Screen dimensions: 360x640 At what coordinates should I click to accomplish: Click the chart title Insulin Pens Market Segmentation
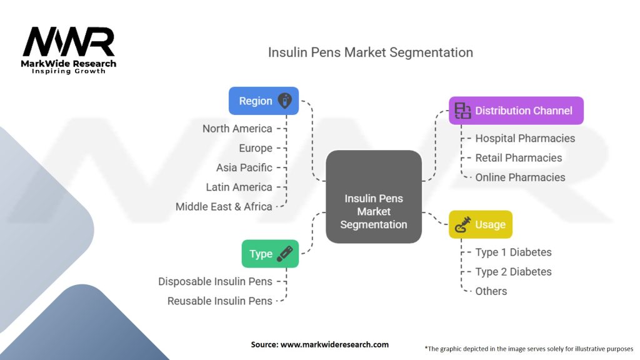(x=370, y=52)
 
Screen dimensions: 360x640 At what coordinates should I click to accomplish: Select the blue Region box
(x=263, y=101)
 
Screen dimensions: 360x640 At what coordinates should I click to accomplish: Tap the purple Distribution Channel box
(x=516, y=111)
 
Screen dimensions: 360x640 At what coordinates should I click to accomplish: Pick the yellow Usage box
(x=481, y=224)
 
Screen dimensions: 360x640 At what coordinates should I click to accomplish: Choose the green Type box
(x=270, y=254)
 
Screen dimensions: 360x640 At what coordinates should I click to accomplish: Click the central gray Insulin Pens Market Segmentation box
(x=374, y=211)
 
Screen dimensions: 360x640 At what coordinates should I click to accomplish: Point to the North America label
(x=237, y=129)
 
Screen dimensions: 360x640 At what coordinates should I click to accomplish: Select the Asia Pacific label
(x=244, y=167)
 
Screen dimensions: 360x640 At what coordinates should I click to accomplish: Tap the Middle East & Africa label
(x=224, y=206)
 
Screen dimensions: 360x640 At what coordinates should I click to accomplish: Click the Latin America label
(x=239, y=187)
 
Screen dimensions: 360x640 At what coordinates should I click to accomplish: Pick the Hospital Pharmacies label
(x=525, y=138)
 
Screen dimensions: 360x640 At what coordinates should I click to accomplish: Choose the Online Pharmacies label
(x=520, y=177)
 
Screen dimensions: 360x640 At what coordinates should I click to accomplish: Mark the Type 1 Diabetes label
(x=513, y=252)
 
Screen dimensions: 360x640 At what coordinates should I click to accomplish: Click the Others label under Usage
(x=491, y=291)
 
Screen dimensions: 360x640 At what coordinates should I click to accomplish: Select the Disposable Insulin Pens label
(x=215, y=281)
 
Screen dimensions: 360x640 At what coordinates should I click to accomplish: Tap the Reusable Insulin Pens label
(x=220, y=301)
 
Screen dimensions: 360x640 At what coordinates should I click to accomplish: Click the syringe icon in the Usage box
(x=464, y=224)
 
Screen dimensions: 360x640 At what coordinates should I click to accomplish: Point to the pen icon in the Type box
(x=284, y=253)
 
